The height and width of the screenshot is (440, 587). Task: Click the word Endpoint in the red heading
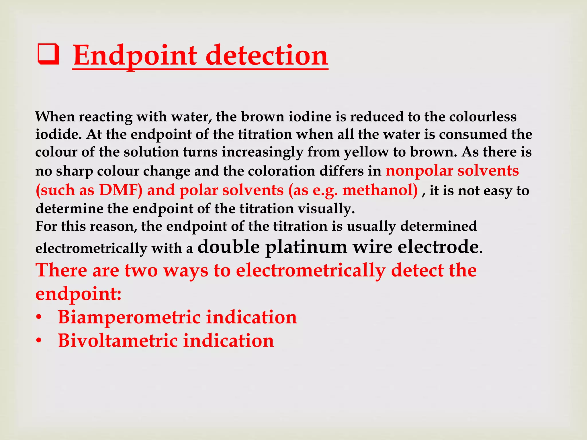[x=135, y=55]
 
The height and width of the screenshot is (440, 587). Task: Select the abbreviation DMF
[x=120, y=190]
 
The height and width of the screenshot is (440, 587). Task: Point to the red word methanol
[x=380, y=190]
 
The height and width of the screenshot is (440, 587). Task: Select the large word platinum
[x=306, y=247]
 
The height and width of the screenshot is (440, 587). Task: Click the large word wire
[x=372, y=247]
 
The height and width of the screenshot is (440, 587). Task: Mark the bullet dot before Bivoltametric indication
[x=39, y=341]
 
